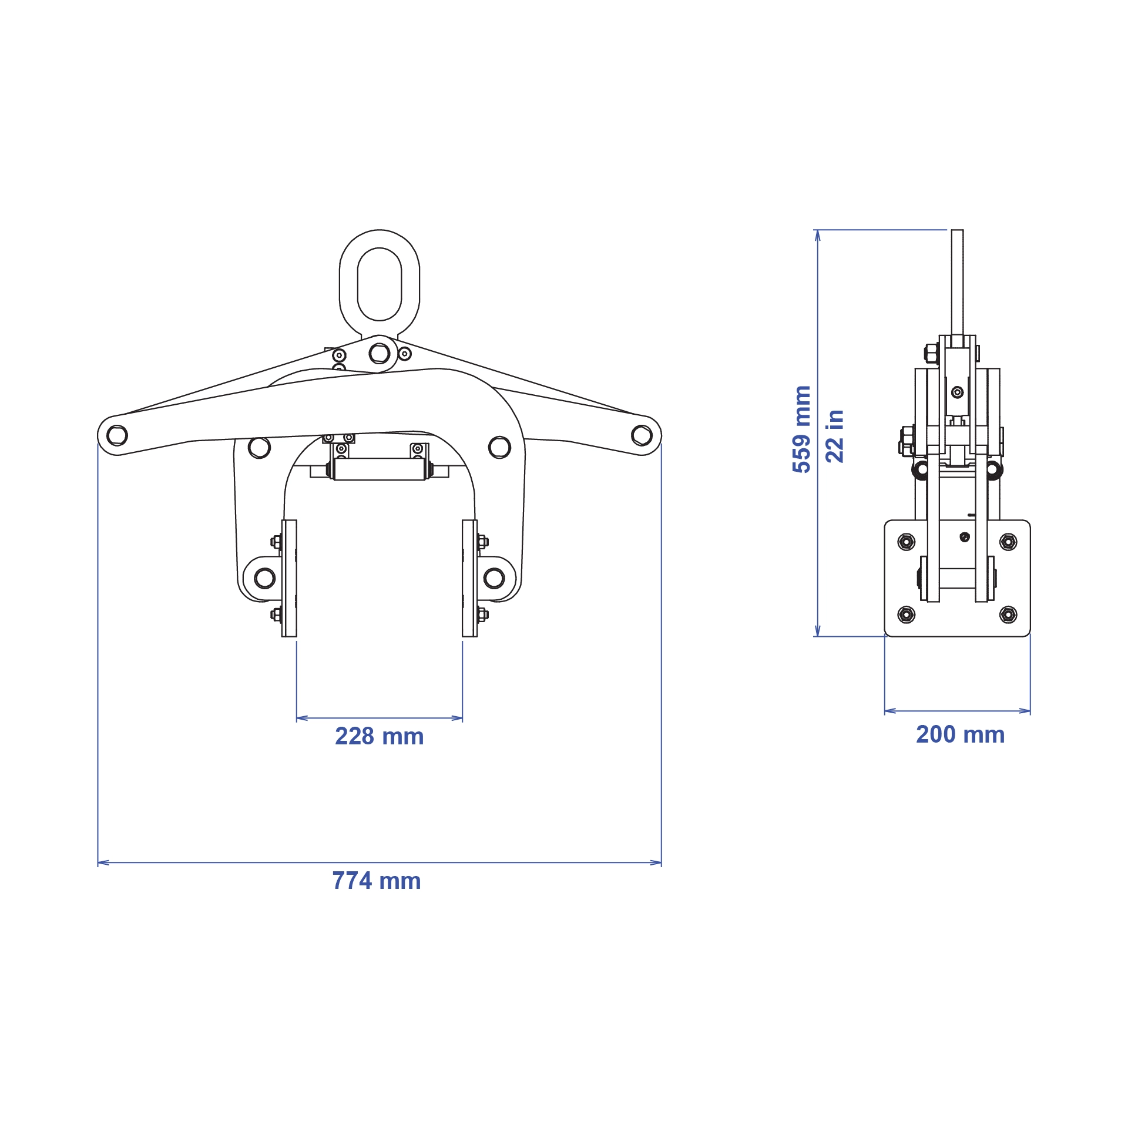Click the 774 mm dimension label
tap(377, 881)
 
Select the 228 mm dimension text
tap(379, 737)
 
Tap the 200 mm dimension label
tap(960, 735)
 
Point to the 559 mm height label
tap(802, 429)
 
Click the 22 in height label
tap(835, 436)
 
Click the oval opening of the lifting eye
tap(380, 284)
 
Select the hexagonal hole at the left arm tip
tap(117, 435)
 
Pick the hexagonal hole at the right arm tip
tap(641, 435)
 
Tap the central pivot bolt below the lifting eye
tap(380, 354)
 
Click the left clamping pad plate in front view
tap(289, 578)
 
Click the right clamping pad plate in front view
tap(469, 578)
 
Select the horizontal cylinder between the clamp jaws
tap(379, 469)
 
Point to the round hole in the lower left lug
tap(264, 578)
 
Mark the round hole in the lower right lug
tap(494, 578)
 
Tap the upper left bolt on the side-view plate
tap(907, 542)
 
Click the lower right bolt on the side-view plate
tap(1008, 615)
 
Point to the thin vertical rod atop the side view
tap(957, 282)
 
